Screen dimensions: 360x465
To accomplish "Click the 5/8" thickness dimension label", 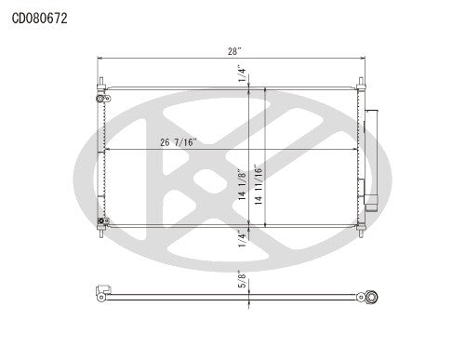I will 243,279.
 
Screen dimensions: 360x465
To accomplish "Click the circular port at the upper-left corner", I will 99,96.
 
